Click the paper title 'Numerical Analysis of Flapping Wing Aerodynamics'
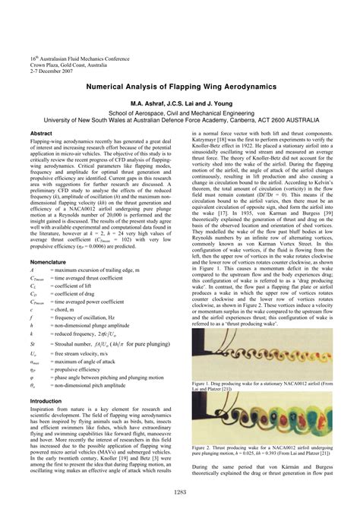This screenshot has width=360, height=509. pos(180,87)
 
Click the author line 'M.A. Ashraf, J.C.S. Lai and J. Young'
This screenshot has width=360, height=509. pos(180,103)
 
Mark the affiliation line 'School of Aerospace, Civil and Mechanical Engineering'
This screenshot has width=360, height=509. pos(180,112)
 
